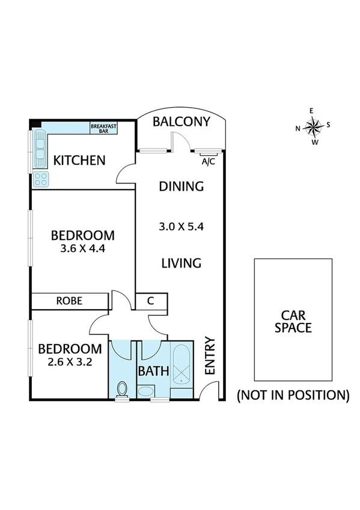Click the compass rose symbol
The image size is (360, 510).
point(313,126)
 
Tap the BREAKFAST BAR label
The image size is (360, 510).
point(103,128)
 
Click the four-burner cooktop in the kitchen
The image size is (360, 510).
point(41,178)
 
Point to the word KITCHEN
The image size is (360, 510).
point(79,161)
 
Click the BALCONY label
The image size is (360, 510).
point(181,122)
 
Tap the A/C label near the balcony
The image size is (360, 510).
point(208,162)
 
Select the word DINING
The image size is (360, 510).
point(181,186)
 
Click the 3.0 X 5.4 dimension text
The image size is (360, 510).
point(180,227)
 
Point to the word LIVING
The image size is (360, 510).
point(180,263)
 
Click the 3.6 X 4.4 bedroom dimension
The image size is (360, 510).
point(82,248)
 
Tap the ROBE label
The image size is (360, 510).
point(70,301)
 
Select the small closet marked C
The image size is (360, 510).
point(150,301)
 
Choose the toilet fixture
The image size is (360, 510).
point(123,389)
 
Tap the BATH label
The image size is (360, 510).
point(153,371)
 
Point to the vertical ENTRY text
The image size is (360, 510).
point(210,356)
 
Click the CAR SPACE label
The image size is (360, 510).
point(293,321)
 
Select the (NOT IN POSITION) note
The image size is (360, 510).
point(293,395)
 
